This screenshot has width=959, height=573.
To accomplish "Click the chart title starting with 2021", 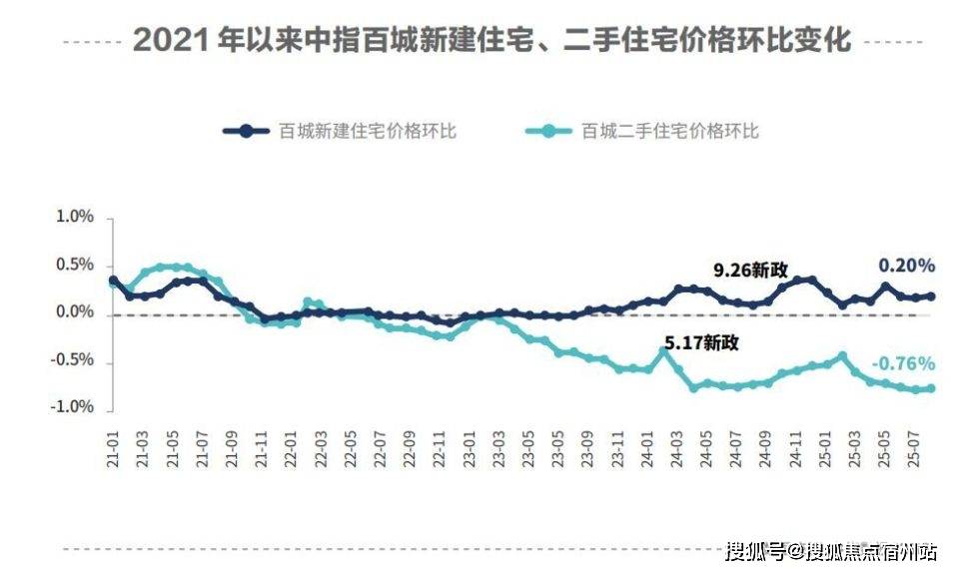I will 491,40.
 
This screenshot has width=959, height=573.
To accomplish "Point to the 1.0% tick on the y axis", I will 73,217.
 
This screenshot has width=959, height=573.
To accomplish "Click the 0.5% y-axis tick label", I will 73,265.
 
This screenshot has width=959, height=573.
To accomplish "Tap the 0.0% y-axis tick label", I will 73,313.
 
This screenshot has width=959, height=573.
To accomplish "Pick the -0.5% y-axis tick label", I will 71,359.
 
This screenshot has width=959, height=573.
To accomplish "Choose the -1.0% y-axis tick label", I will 71,406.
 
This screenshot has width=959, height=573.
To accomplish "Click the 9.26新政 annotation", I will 750,270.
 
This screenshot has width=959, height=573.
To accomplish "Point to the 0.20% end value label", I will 906,266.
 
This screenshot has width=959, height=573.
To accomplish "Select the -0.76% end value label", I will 903,362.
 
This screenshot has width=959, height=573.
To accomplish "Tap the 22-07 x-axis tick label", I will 379,445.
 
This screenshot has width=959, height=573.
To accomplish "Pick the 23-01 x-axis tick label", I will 468,445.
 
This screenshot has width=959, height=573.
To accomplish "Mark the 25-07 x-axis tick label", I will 912,445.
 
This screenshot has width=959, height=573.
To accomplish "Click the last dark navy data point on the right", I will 931,295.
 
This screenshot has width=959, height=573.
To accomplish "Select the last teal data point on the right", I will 931,388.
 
